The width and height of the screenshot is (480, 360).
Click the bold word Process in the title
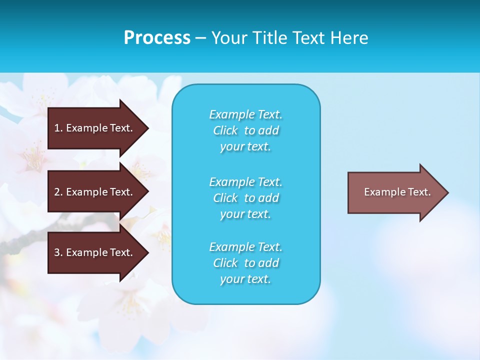157,38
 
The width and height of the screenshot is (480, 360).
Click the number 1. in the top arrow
58,128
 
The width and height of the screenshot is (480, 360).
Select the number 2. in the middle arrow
58,192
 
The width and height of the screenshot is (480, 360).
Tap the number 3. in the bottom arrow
58,252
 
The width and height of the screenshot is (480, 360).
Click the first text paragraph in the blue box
246,130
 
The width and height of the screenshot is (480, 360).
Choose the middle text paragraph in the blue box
246,198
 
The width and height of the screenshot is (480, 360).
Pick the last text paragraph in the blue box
246,263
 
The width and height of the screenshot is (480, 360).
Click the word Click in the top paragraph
225,130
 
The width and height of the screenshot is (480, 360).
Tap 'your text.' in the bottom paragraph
245,279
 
